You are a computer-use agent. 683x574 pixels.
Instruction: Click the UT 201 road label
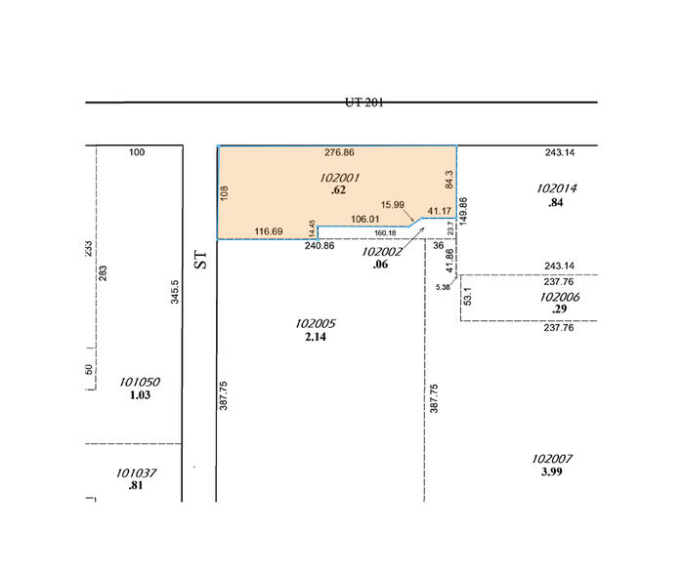pyautogui.click(x=363, y=102)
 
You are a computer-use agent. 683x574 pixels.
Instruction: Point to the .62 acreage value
pyautogui.click(x=339, y=190)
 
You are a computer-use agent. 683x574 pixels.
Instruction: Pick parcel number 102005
pyautogui.click(x=316, y=323)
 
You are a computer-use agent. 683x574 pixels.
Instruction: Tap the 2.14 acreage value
pyautogui.click(x=315, y=337)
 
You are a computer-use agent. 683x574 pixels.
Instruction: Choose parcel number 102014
pyautogui.click(x=558, y=188)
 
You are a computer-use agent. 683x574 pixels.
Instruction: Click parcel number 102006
pyautogui.click(x=560, y=297)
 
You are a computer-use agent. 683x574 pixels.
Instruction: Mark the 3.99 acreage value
pyautogui.click(x=553, y=471)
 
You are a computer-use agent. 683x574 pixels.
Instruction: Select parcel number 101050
pyautogui.click(x=139, y=382)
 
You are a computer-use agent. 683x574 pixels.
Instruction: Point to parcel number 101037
pyautogui.click(x=136, y=472)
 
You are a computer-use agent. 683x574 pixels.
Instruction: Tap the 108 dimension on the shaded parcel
pyautogui.click(x=225, y=193)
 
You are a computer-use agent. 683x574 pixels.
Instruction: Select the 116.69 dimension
pyautogui.click(x=269, y=231)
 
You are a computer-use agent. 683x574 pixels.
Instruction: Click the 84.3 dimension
pyautogui.click(x=449, y=181)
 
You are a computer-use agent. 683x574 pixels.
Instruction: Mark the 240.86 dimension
pyautogui.click(x=320, y=246)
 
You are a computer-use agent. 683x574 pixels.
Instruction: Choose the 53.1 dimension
pyautogui.click(x=468, y=295)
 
